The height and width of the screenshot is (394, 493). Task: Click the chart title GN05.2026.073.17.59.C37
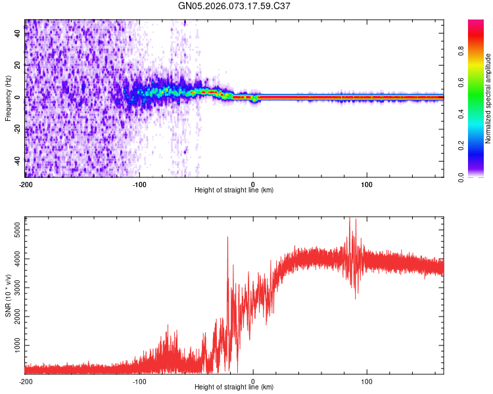pos(234,6)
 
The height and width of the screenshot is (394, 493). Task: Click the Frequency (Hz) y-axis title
pos(7,98)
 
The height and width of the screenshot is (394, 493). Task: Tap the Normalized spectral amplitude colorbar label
pos(488,98)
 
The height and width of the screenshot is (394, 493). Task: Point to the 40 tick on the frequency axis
pos(17,34)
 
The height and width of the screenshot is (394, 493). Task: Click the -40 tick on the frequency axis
pos(16,160)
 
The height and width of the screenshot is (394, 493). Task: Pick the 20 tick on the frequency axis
pos(17,66)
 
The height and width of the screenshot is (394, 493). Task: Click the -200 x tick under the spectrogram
pos(26,183)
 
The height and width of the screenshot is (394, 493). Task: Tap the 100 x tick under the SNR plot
pos(367,381)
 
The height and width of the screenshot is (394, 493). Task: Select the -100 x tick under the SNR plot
pos(139,381)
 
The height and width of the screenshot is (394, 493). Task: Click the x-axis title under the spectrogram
pos(234,190)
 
